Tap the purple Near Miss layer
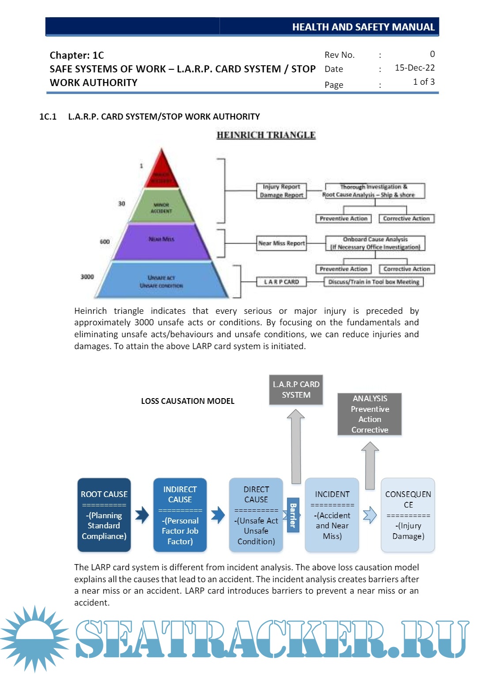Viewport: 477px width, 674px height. click(162, 241)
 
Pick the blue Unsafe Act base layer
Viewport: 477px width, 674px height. click(162, 281)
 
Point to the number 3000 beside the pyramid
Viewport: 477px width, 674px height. click(87, 277)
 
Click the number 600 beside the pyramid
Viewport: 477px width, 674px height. click(105, 241)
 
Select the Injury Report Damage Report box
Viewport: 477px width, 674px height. click(281, 191)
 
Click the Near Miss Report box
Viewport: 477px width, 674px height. click(281, 243)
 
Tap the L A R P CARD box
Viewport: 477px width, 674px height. click(281, 282)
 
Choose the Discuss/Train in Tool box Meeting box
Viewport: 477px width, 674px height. click(374, 282)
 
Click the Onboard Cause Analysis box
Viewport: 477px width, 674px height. click(375, 243)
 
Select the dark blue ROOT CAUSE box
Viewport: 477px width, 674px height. click(104, 515)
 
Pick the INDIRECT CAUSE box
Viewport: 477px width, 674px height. click(180, 515)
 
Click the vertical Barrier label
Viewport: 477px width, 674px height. click(293, 515)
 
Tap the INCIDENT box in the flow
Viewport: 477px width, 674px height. click(332, 515)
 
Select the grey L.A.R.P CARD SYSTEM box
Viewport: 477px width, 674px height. click(296, 390)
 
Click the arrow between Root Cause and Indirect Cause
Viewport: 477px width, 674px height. click(142, 515)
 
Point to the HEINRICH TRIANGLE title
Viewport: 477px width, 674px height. click(266, 135)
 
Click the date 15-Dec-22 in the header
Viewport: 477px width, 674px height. click(414, 68)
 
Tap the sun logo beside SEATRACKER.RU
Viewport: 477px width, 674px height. click(34, 638)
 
